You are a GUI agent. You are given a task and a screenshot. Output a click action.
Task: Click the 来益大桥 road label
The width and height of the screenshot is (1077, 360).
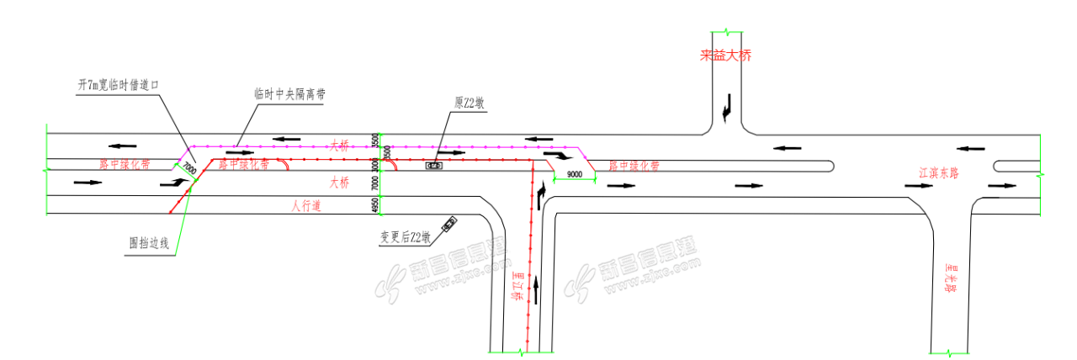(x=724, y=56)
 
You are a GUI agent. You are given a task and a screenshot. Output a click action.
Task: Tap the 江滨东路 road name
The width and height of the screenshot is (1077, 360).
(x=946, y=172)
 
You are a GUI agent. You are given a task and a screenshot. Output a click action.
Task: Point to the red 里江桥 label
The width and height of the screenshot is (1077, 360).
(x=517, y=287)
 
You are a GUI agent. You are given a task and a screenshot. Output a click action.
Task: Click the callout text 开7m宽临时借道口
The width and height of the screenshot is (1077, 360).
(x=118, y=86)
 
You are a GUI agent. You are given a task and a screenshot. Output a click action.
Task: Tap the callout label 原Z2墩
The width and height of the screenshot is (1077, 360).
(x=468, y=103)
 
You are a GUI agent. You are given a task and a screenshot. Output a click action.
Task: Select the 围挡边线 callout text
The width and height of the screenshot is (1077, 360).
(x=150, y=243)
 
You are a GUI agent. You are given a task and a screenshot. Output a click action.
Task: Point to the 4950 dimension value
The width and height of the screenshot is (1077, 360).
(x=376, y=205)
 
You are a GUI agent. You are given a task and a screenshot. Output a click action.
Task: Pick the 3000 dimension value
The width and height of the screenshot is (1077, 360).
(x=376, y=165)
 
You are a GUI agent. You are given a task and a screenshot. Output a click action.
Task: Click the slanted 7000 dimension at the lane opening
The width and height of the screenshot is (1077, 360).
(x=190, y=168)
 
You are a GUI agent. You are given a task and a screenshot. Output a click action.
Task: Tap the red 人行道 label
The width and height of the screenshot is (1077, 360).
(x=306, y=204)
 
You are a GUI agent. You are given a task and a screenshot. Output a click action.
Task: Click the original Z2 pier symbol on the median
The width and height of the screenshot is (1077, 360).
(x=434, y=166)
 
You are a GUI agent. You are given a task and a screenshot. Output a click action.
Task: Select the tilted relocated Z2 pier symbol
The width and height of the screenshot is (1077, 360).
(x=451, y=223)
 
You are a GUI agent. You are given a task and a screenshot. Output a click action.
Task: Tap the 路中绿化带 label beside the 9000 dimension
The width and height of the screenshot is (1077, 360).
(x=634, y=166)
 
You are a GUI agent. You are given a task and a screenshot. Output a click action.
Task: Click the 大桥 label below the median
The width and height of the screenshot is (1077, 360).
(x=340, y=182)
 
